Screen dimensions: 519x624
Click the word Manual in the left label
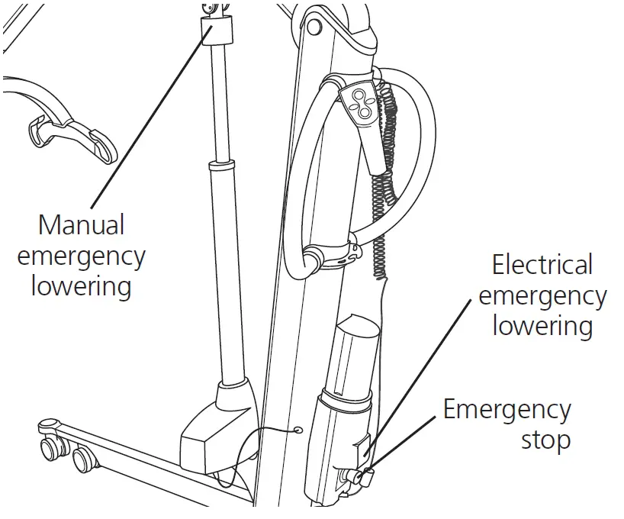pos(81,225)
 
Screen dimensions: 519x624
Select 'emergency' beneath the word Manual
pos(81,256)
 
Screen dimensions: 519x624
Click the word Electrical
pos(542,265)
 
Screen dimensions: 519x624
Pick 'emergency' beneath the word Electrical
pos(542,296)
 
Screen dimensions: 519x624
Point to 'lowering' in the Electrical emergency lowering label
pos(542,326)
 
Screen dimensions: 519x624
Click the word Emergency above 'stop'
pos(507,410)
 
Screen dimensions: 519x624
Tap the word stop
pos(545,440)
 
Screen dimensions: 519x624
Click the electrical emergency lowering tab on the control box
pos(364,451)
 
